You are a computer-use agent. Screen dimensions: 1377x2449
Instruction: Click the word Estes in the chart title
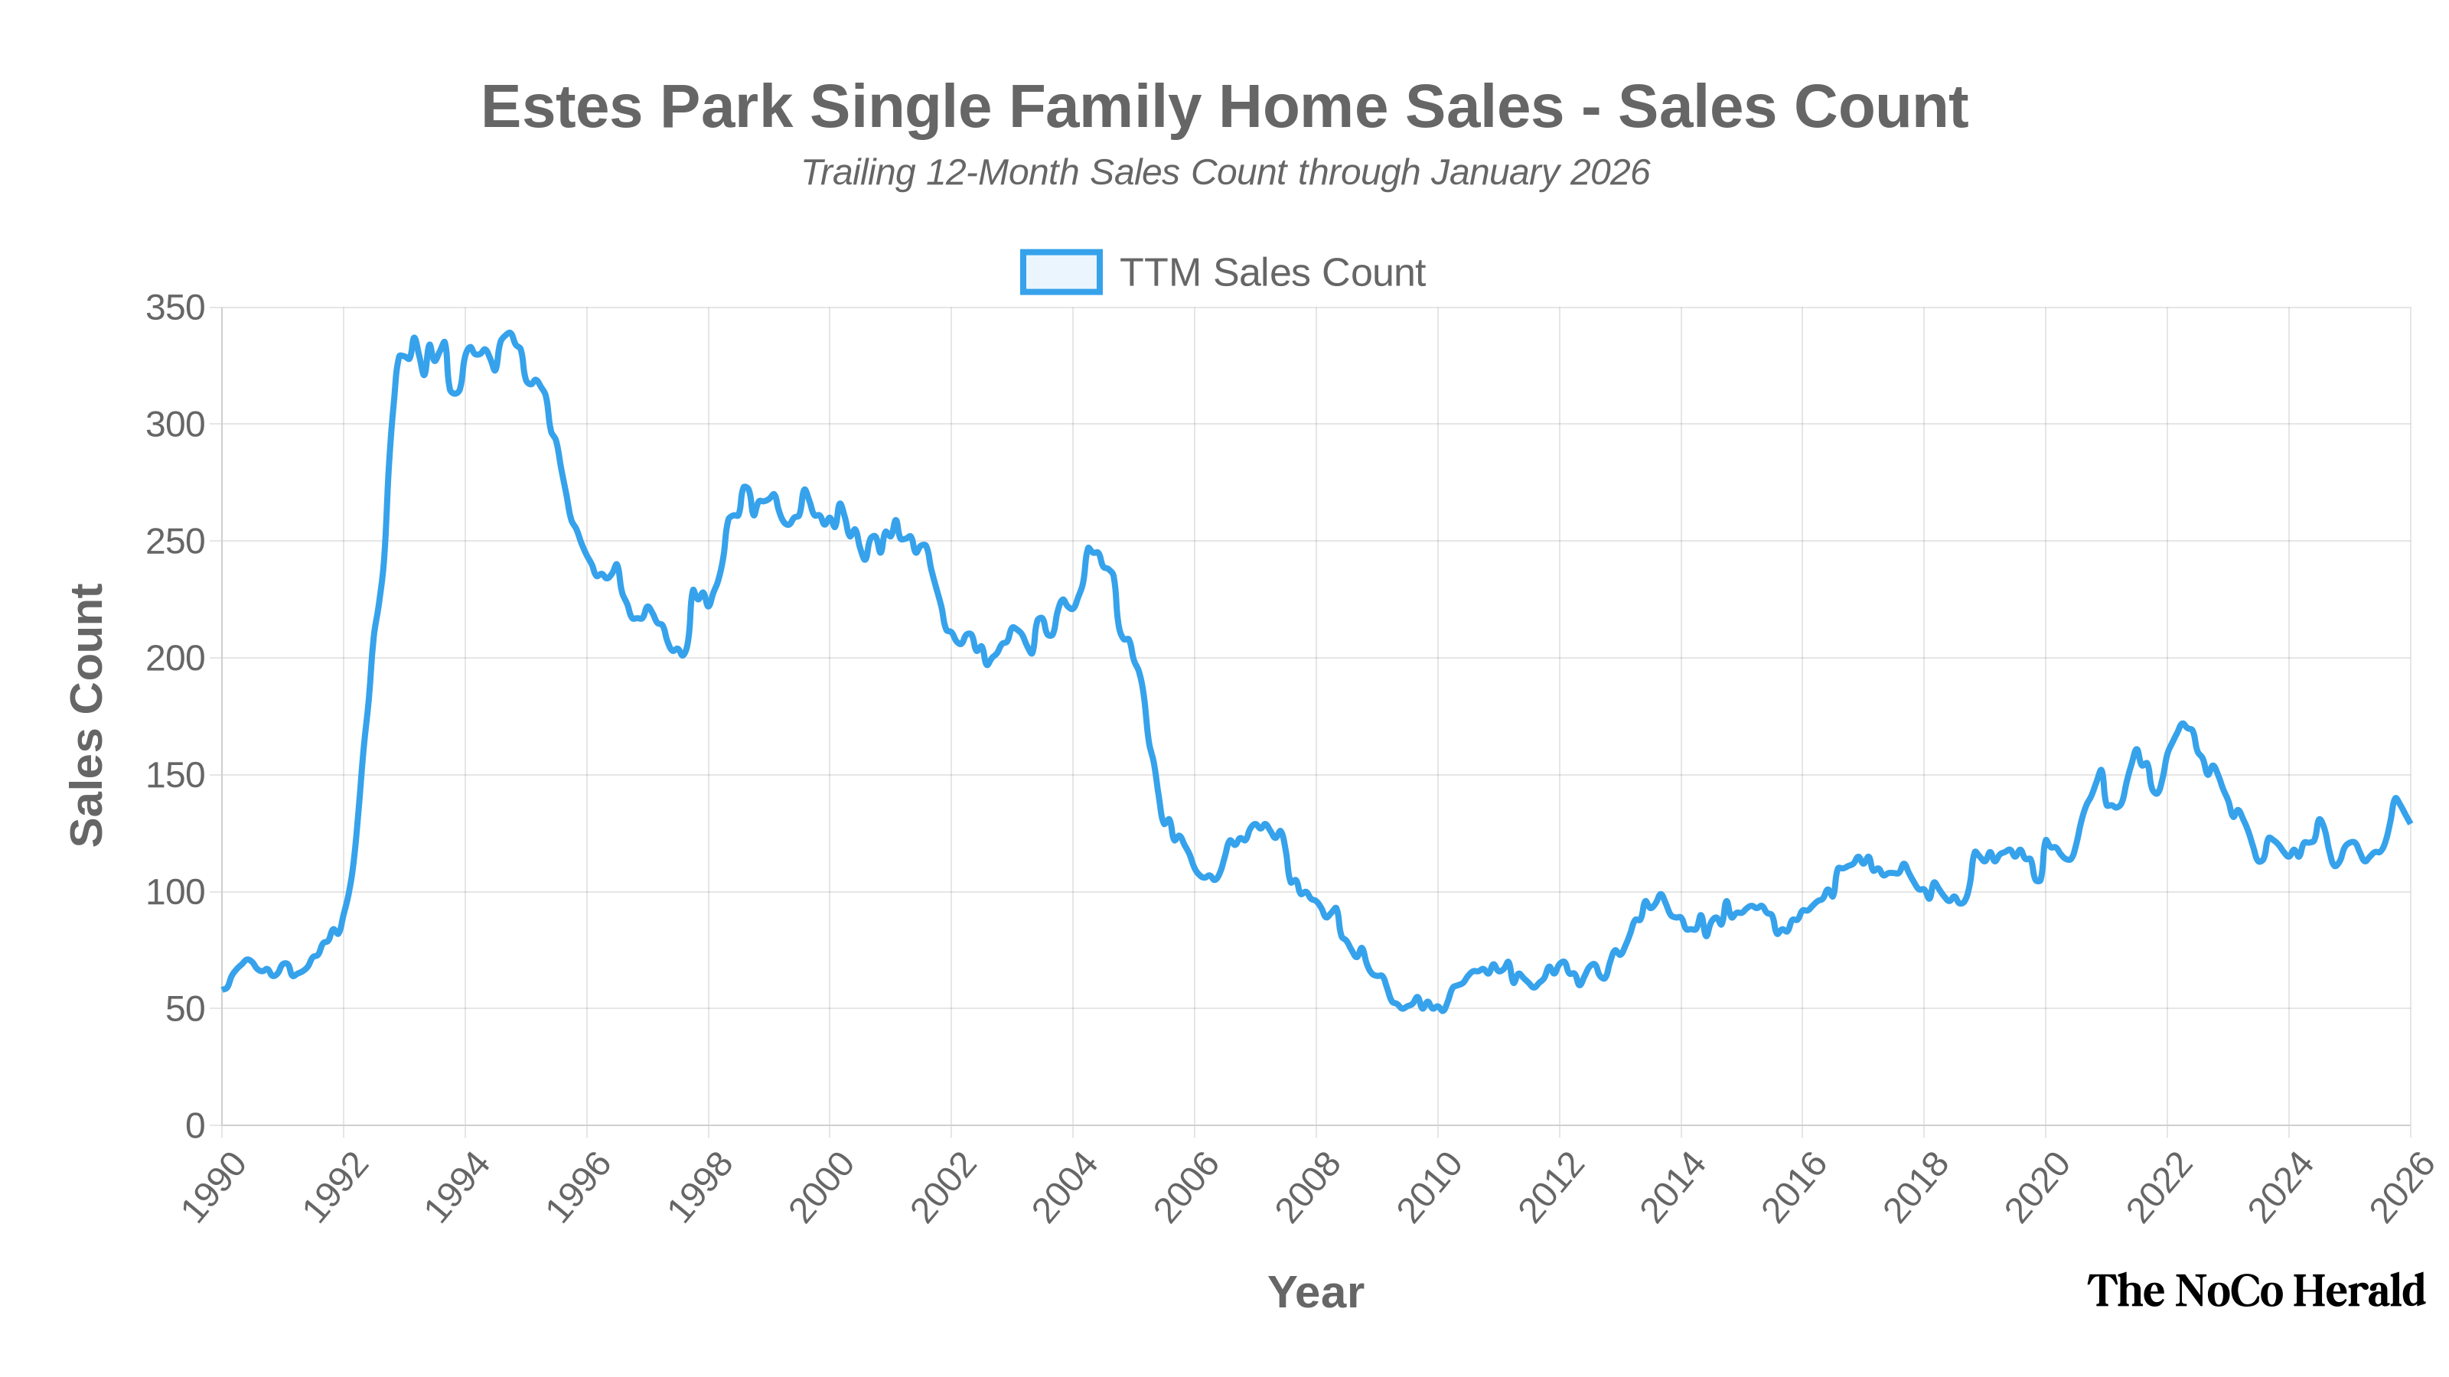click(x=561, y=106)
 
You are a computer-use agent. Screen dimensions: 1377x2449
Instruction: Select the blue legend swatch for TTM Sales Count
click(x=1060, y=272)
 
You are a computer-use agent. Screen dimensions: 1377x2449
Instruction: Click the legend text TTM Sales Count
click(x=1272, y=273)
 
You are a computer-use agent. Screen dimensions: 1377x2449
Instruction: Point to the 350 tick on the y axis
click(x=175, y=308)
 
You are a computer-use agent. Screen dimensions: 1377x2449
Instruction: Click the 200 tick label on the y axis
click(x=175, y=659)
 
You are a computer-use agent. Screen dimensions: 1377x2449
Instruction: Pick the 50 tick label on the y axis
click(x=184, y=1009)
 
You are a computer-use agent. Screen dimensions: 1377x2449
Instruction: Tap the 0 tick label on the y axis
click(x=195, y=1126)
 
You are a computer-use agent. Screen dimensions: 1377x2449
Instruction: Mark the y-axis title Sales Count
click(x=86, y=715)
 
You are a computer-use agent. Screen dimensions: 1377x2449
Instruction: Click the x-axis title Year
click(x=1316, y=1292)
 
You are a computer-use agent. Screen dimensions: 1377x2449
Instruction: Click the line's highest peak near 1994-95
click(x=510, y=334)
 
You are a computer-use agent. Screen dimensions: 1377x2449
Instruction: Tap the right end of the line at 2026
click(x=2409, y=822)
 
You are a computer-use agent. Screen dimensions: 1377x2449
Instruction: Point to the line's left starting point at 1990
click(x=224, y=989)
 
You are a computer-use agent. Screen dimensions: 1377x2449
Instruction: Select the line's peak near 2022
click(x=2183, y=724)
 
